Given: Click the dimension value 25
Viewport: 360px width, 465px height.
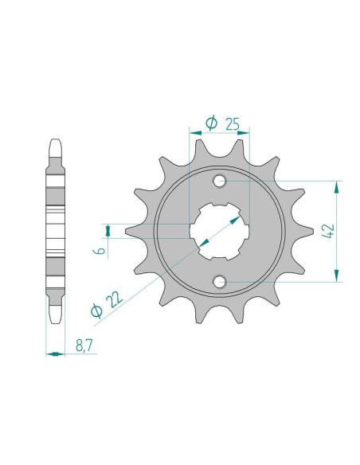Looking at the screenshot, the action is coord(233,124).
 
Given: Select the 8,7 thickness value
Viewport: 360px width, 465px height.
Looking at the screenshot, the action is coord(84,346).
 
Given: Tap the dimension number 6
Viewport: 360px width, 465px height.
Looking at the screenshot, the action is coord(100,251).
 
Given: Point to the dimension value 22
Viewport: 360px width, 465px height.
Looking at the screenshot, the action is coord(115,299).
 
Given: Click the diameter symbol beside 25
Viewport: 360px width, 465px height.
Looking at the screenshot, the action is coord(211,123).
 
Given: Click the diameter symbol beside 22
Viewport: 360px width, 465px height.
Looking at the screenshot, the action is coord(96,311).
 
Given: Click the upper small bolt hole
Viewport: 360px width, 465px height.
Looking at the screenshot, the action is coord(220,181).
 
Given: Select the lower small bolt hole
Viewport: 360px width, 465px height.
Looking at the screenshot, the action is coord(220,282).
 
